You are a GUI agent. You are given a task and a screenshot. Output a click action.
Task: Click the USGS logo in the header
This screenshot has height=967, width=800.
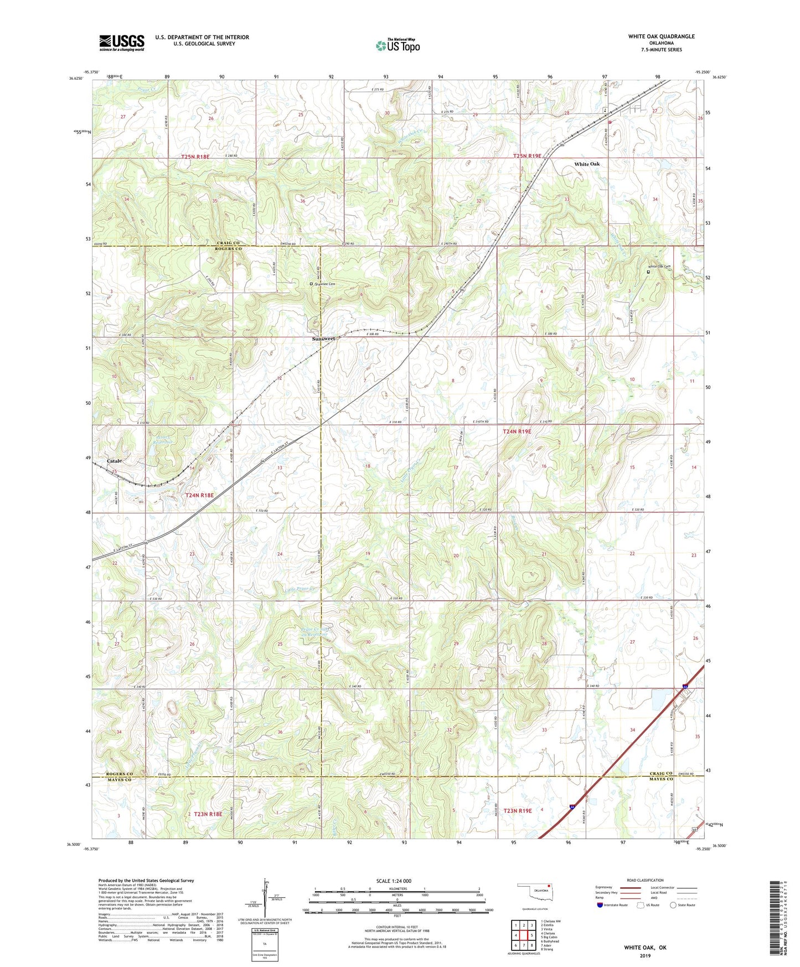point(121,43)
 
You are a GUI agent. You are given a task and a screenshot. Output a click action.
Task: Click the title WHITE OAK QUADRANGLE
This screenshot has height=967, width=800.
point(661,37)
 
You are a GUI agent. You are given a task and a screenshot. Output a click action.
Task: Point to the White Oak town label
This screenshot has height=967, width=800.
point(586,164)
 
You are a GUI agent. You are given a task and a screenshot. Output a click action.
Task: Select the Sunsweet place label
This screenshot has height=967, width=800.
point(323,338)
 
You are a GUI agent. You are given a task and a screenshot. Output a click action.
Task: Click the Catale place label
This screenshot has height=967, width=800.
point(114,461)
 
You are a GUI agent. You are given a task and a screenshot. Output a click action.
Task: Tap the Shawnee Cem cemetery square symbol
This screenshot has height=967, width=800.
point(311,284)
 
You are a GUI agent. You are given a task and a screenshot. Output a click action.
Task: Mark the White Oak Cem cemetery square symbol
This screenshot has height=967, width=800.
point(649,272)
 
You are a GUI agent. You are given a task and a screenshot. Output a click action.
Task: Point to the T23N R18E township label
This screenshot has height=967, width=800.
point(208,814)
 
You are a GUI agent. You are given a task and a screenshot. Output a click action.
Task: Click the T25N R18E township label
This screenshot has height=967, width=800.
point(195,157)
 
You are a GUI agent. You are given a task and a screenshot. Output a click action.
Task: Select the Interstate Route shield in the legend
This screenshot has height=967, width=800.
point(600,905)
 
